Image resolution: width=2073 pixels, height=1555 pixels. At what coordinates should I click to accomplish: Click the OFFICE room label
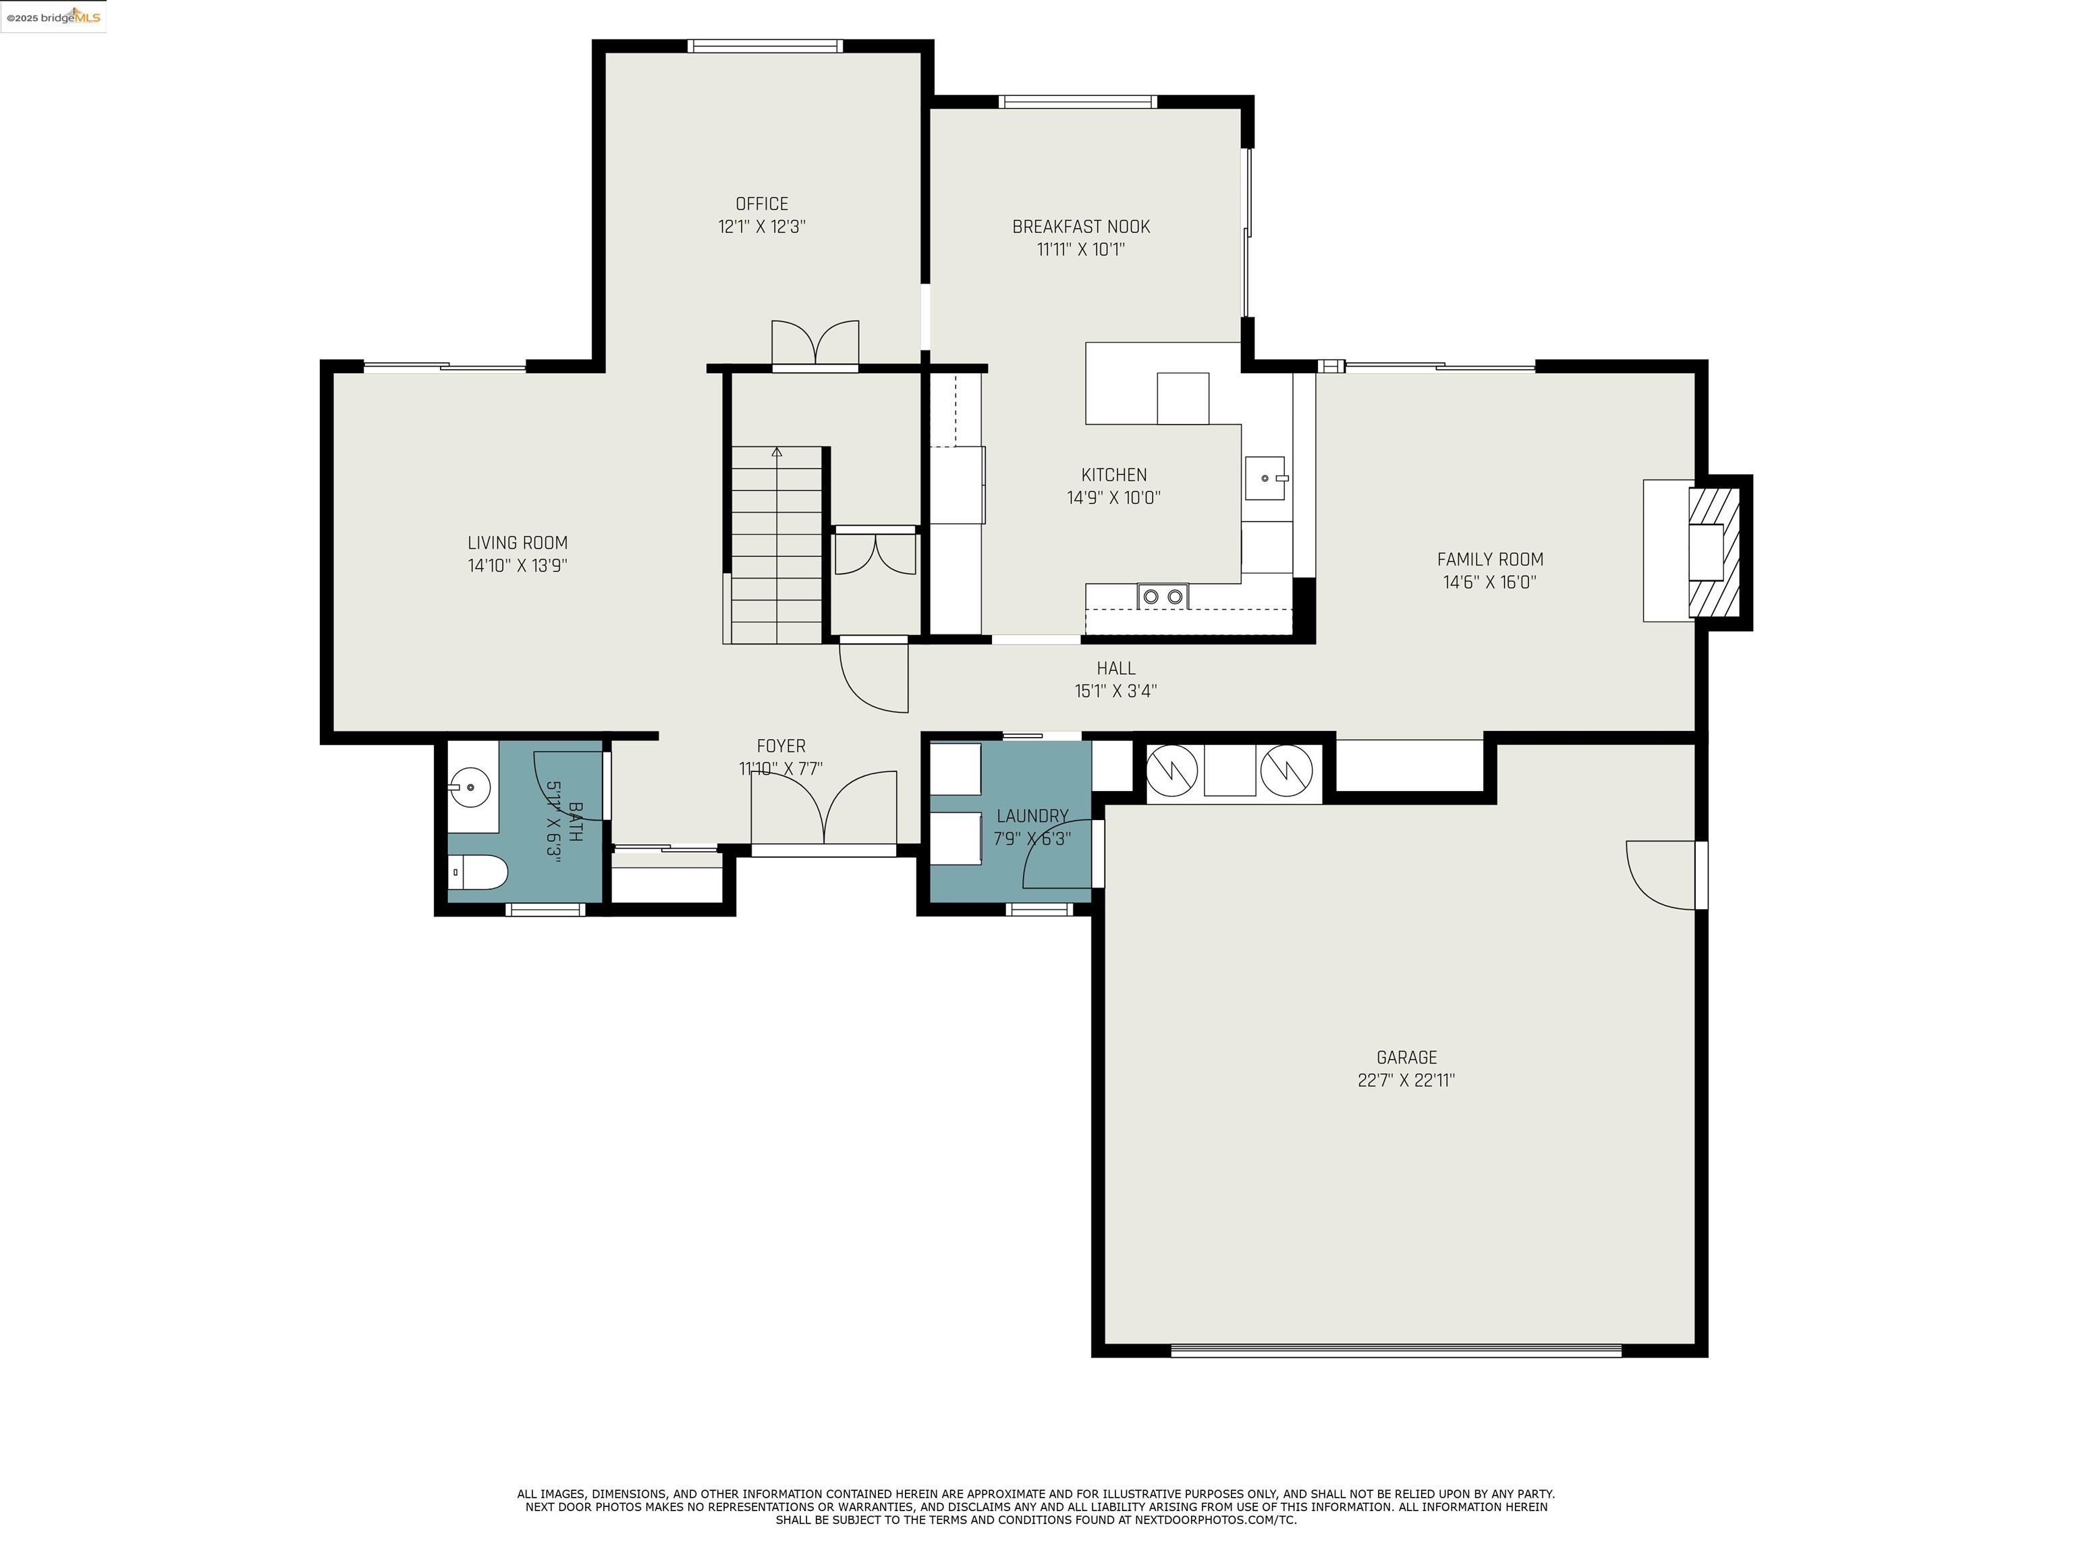761,203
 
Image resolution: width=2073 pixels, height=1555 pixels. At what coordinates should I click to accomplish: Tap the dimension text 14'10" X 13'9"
518,565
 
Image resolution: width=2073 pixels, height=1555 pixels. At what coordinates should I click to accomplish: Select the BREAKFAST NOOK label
1080,227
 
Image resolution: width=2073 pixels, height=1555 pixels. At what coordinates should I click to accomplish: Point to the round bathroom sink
472,788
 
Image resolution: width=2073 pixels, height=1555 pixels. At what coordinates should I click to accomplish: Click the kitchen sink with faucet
1266,478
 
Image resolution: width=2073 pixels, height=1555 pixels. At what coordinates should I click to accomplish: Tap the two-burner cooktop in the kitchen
1162,596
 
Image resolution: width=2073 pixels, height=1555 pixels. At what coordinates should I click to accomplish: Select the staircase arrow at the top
776,453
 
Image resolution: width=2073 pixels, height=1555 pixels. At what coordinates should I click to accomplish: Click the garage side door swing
1661,873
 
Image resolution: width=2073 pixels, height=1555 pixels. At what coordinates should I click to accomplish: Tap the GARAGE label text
1406,1058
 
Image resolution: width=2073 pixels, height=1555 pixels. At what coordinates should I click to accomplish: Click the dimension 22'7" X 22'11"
1406,1080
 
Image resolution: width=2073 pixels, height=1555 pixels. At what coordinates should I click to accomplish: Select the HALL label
1115,668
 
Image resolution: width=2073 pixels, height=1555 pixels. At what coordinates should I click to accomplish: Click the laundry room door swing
1059,855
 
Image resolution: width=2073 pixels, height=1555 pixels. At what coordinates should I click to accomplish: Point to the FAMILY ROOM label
1489,560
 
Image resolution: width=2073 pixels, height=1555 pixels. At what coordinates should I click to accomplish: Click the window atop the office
765,46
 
